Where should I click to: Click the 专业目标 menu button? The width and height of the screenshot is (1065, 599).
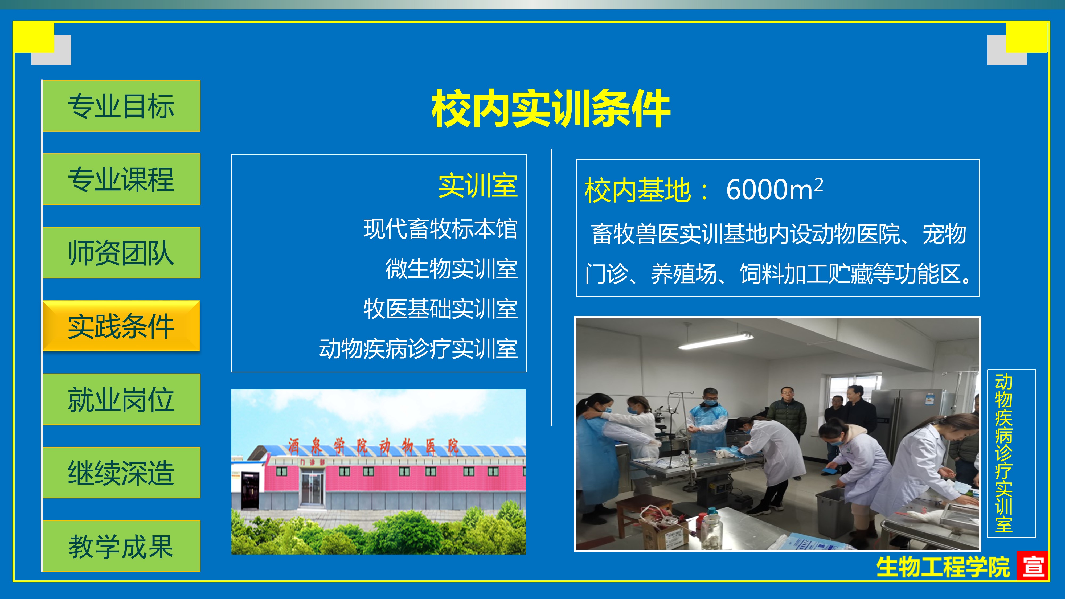click(122, 106)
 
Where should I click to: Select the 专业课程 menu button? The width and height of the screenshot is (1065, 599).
click(122, 179)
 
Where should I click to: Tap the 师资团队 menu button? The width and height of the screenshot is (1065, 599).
click(122, 253)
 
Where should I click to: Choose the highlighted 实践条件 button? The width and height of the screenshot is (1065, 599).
click(122, 326)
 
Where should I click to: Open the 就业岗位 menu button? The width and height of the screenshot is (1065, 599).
click(122, 399)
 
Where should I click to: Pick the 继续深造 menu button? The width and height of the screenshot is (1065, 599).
click(122, 473)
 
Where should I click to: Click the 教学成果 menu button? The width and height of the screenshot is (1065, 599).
click(122, 546)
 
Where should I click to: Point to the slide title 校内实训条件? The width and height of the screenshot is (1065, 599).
click(551, 108)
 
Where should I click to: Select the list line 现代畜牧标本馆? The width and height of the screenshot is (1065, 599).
click(440, 229)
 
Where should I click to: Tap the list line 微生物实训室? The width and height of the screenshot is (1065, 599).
click(452, 269)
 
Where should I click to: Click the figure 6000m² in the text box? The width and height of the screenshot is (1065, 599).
click(774, 189)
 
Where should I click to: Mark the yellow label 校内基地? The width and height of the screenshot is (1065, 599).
click(637, 191)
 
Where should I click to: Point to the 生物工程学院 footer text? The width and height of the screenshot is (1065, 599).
click(943, 567)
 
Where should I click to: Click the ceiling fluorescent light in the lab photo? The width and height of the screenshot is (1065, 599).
click(715, 342)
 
